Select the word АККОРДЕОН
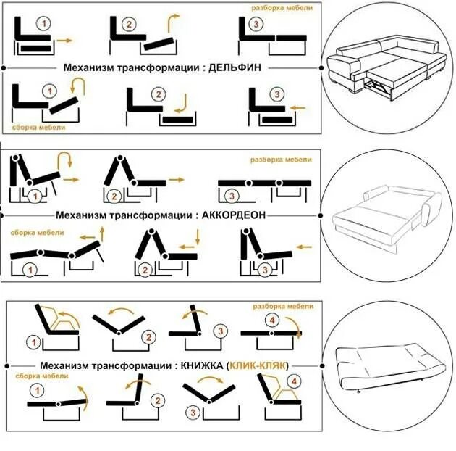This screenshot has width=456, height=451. click(x=234, y=215)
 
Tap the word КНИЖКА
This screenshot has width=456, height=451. click(x=199, y=366)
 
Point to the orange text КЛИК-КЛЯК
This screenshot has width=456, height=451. click(x=258, y=366)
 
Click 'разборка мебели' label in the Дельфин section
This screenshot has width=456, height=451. click(x=282, y=7)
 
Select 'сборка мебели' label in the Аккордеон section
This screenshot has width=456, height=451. click(x=37, y=233)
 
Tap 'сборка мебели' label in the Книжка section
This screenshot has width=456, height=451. click(x=37, y=377)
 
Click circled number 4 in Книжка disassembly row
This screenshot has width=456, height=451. click(x=272, y=320)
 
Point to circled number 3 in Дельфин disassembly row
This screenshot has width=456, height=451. click(x=256, y=25)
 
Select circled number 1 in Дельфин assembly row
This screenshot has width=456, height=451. click(x=49, y=92)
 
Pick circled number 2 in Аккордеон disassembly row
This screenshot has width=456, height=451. click(x=113, y=196)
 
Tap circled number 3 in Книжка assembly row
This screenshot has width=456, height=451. click(x=193, y=413)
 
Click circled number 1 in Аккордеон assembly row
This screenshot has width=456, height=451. click(x=30, y=270)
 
